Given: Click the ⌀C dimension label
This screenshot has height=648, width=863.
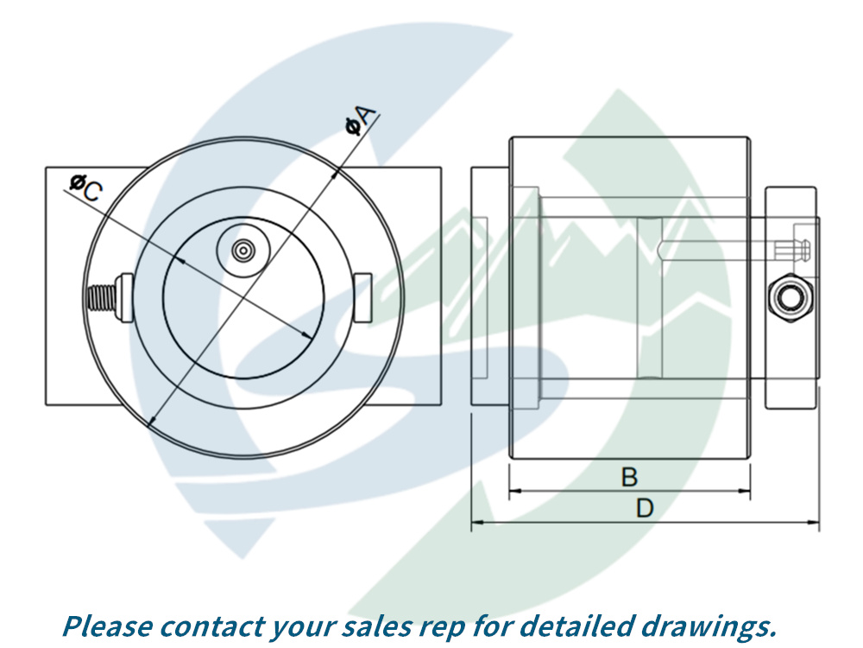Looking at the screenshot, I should (x=85, y=187).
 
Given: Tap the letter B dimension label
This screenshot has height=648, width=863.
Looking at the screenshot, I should (x=630, y=476).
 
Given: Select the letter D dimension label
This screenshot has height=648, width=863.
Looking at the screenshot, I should (x=645, y=508).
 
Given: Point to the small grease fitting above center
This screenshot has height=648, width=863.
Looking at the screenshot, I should (x=244, y=250).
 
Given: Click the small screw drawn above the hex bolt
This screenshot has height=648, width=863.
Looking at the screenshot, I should (x=795, y=248).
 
